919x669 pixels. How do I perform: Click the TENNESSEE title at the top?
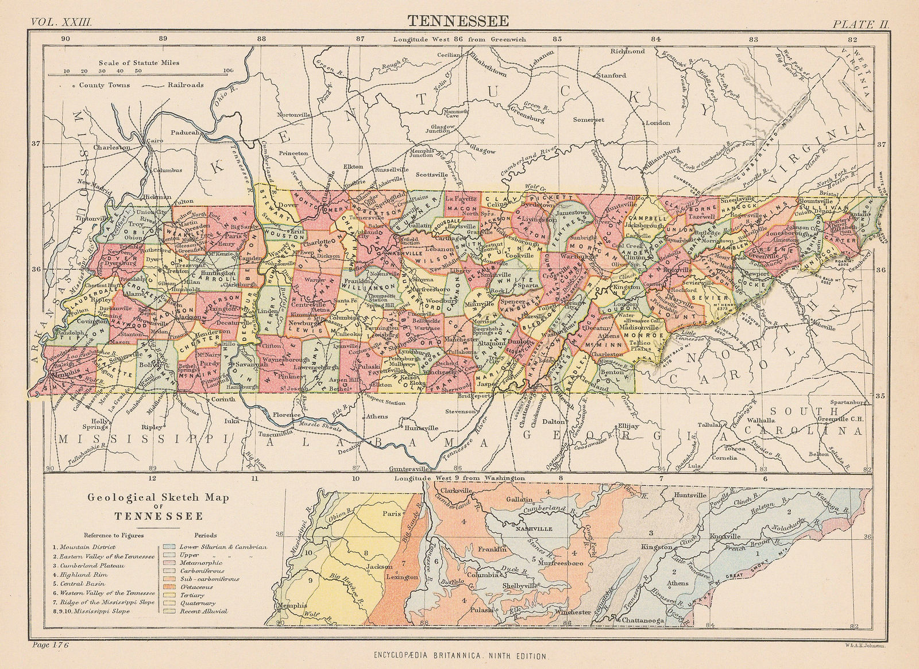pyautogui.click(x=458, y=21)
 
